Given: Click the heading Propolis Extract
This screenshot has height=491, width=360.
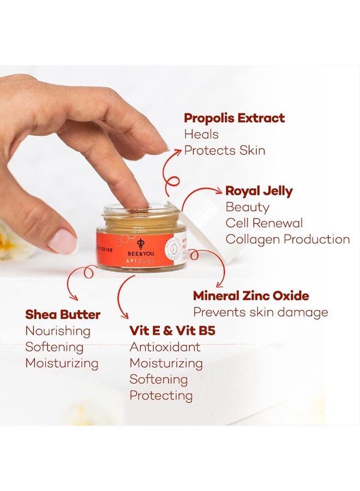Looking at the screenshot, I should (234, 118).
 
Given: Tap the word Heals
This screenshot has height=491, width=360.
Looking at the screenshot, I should (201, 134).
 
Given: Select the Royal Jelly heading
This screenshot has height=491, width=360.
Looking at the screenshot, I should (259, 191).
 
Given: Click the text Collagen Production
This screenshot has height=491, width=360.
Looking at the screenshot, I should (287, 239).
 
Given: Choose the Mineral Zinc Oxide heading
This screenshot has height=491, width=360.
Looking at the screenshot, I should (251, 296).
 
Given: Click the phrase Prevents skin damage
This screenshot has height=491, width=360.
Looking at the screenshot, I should (261, 313).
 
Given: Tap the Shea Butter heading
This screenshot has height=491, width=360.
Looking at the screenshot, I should (63, 315).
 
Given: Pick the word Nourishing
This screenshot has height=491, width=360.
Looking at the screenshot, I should (58, 331).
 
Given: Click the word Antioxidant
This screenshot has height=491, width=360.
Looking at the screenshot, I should (165, 347).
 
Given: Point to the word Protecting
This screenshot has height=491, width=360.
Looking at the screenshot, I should (161, 396).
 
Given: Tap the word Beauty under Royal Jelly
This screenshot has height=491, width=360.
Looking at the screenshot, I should (247, 207).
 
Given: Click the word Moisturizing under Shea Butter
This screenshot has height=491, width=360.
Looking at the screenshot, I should (62, 363).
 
